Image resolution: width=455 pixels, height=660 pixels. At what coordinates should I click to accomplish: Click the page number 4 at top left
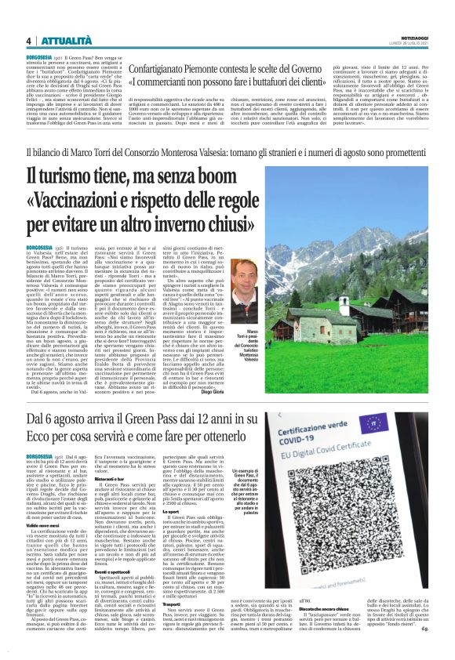pos(27,42)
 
